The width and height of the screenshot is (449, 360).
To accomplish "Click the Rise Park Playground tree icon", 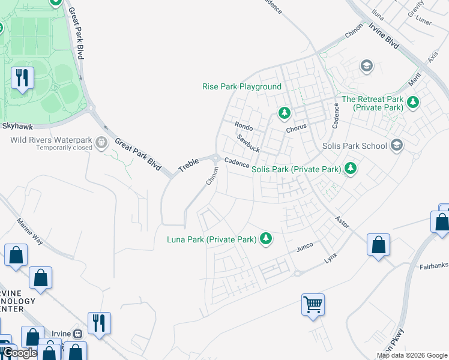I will pos(284,112).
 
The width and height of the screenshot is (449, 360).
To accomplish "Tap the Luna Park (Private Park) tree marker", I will pos(265,239).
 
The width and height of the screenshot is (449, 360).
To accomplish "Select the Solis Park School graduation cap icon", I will pos(396,145).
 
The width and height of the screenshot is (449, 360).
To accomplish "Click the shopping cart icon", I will pos(313,304).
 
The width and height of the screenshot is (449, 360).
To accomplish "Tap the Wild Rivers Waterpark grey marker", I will pos(101,143).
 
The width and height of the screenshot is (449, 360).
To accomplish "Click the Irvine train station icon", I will pos(77,334).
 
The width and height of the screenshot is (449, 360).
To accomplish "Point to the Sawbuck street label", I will pos(247,143).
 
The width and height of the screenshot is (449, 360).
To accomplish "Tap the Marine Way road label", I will pos(31,231).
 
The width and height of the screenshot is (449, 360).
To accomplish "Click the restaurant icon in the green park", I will pos(23,77).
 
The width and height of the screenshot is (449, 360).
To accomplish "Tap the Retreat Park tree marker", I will pos(412,103).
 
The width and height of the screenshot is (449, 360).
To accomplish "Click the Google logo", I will pos(19,353).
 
